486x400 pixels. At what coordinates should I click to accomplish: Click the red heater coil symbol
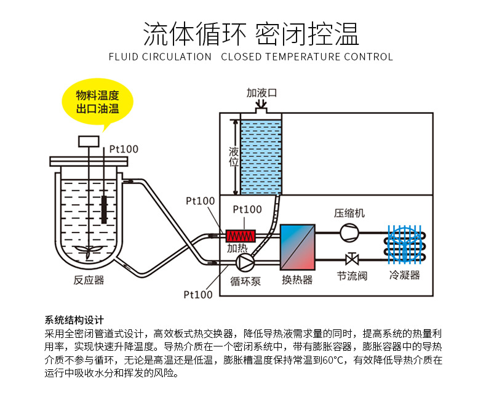point(241,236)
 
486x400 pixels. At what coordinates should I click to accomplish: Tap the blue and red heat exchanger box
point(298,247)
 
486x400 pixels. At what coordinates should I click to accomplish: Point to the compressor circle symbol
point(349,232)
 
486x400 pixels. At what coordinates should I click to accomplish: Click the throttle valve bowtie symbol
point(352,258)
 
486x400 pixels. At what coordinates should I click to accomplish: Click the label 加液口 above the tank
point(262,93)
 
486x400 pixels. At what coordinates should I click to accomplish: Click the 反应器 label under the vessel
point(89,280)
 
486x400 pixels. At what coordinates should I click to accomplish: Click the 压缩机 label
point(349,213)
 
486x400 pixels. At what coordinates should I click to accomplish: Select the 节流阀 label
point(352,276)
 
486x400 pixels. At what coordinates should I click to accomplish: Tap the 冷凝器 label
point(404,274)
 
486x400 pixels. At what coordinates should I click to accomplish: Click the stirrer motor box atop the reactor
point(88,141)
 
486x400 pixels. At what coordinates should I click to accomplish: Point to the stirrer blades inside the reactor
point(88,249)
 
